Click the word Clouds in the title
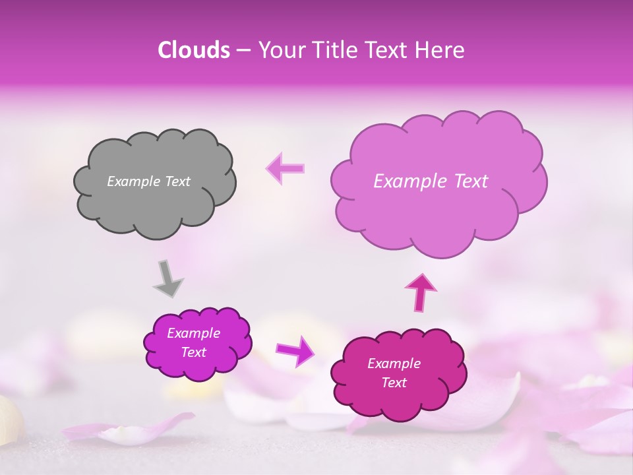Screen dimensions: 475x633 tap(194, 50)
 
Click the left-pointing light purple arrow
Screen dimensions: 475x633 tap(286, 168)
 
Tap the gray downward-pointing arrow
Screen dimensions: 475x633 tap(168, 278)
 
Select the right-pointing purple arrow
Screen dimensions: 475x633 tap(295, 350)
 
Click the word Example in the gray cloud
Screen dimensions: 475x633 tap(133, 181)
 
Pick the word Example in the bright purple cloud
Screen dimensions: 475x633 tap(194, 333)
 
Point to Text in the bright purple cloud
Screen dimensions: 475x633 tap(194, 352)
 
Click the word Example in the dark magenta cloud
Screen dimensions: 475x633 tap(394, 364)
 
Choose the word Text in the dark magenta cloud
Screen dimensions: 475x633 tap(394, 383)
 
